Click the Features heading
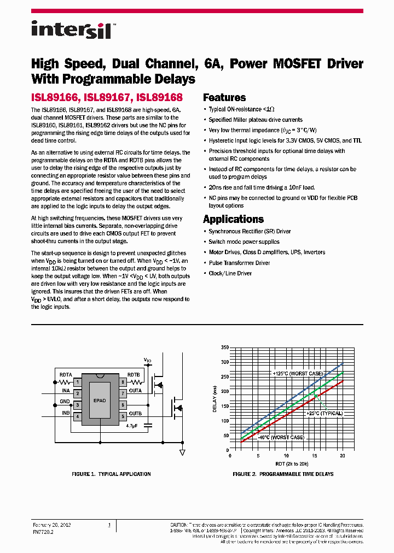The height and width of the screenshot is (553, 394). (x=224, y=98)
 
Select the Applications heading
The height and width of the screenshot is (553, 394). (x=233, y=219)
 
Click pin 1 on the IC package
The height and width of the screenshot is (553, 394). (x=78, y=381)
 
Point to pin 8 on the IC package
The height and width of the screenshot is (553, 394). (x=123, y=381)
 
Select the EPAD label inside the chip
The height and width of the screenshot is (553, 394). (x=100, y=401)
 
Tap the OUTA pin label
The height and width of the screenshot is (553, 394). (x=135, y=391)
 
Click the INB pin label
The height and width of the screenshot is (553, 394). (x=66, y=414)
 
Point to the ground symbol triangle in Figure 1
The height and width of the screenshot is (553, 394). (x=182, y=452)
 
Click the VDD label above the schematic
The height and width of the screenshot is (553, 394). (x=147, y=360)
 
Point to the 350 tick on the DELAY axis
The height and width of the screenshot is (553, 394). (x=225, y=348)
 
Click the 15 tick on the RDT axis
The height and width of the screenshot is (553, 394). (x=314, y=455)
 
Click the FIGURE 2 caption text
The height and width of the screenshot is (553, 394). (x=283, y=474)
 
